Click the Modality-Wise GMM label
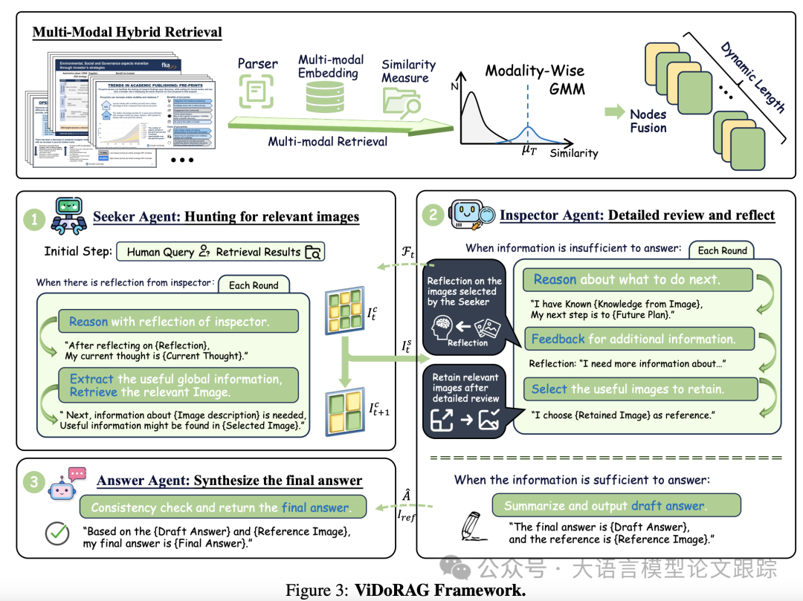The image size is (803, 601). pos(535,79)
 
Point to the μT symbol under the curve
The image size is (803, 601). pos(529,149)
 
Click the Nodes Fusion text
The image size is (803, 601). pos(648,120)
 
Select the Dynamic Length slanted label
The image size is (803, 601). pos(752,77)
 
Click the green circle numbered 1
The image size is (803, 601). pos(34,219)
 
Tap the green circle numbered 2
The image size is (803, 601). pos(432,216)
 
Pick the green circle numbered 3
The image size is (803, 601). pos(34,482)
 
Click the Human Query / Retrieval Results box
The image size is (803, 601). pos(221,252)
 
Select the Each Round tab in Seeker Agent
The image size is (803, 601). pos(254,285)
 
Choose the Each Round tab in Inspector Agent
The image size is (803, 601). pos(722,250)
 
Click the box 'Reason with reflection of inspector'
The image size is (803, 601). pos(178,321)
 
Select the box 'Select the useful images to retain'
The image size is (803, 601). pos(640,389)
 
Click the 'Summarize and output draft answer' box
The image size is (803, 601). pos(616,505)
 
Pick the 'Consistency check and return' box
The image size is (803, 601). pos(222,507)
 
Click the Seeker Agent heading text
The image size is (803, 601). pos(226,217)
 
